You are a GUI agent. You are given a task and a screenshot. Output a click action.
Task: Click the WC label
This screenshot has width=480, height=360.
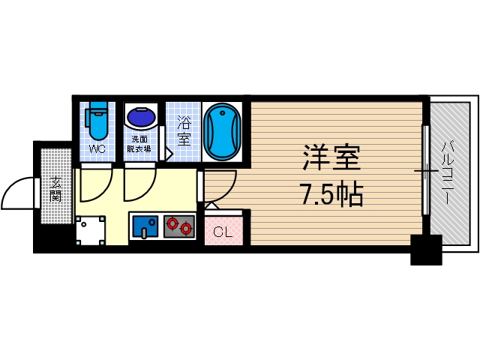pyautogui.click(x=97, y=148)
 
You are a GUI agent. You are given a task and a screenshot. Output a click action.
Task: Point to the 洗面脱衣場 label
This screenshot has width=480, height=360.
pyautogui.click(x=141, y=144)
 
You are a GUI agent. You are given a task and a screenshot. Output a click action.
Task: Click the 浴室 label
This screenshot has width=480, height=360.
pyautogui.click(x=184, y=130)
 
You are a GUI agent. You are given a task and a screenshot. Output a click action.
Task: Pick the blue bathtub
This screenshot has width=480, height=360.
pyautogui.click(x=223, y=131)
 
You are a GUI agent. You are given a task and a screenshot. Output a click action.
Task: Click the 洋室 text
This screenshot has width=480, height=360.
pyautogui.click(x=331, y=160)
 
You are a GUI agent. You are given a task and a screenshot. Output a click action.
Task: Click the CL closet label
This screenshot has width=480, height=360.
pyautogui.click(x=223, y=232)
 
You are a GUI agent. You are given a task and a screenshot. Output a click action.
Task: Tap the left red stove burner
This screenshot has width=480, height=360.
pyautogui.click(x=173, y=223)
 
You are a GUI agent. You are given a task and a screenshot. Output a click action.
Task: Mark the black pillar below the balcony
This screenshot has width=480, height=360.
pyautogui.click(x=426, y=250)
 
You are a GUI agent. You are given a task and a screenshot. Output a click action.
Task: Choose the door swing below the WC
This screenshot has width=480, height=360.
pyautogui.click(x=94, y=187)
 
